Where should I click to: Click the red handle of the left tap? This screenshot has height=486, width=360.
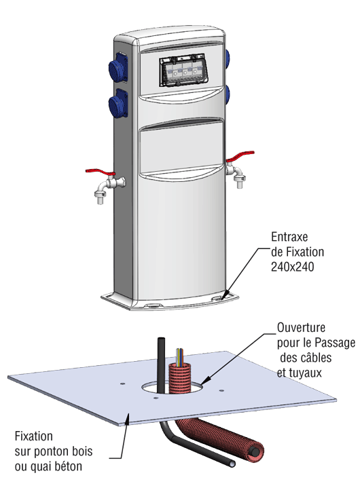coord(100,172)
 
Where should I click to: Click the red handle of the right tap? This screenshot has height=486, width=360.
coord(240,156)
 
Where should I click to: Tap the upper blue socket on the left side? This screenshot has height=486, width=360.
coord(118,67)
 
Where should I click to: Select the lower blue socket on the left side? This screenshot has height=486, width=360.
coord(118,103)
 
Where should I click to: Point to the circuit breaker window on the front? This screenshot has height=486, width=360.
coord(183,71)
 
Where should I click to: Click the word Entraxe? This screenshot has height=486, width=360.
coord(289,237)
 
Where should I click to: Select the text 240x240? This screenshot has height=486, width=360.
coord(292,267)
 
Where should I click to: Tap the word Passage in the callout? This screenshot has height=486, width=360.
coord(335,343)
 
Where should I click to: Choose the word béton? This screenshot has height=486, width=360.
coord(66,466)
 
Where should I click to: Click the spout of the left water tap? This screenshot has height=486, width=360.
coord(100,196)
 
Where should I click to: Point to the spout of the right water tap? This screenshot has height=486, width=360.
coord(240,181)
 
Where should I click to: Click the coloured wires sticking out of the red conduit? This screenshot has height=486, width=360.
coord(179,356)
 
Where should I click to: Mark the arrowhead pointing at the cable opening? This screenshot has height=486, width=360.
coord(204,381)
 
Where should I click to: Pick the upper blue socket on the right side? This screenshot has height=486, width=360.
coord(228,56)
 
